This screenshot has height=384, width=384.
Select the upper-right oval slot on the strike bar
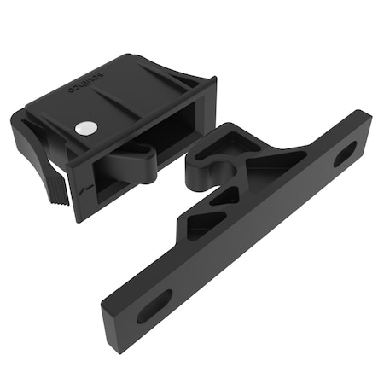345,154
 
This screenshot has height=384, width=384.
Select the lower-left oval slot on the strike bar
154,305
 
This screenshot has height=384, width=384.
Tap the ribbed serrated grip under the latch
53,183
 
